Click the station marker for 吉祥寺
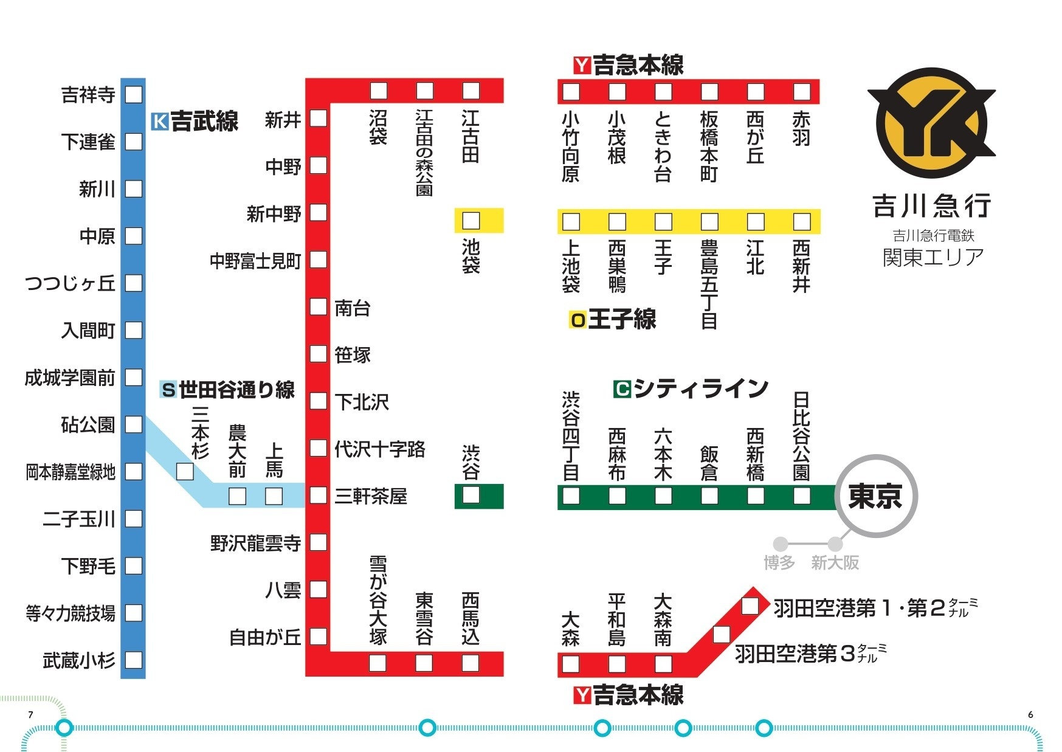pos(133,94)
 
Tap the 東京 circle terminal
pos(875,496)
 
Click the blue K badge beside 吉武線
pos(159,122)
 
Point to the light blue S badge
pos(168,389)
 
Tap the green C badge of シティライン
pos(622,388)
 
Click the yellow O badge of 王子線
pos(578,320)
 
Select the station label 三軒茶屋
pos(370,497)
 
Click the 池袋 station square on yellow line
pos(471,221)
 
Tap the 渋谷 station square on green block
pos(471,495)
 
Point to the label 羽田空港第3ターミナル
pos(809,654)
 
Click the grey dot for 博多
pos(781,543)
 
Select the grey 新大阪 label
pos(835,563)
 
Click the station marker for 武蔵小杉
pos(133,660)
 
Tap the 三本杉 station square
pos(185,471)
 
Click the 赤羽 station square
pos(802,92)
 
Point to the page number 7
pos(30,715)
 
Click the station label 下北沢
pos(362,402)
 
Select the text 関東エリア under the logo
pos(933,258)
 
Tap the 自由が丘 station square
pos(319,636)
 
